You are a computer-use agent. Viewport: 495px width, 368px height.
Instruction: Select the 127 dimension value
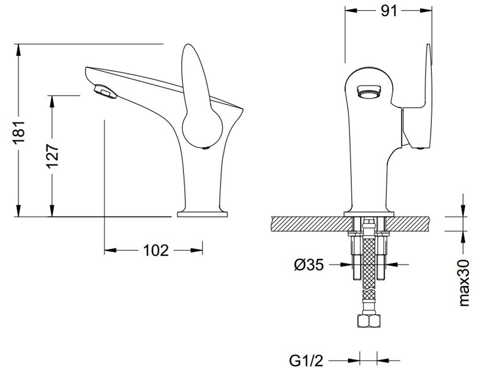[x=53, y=156]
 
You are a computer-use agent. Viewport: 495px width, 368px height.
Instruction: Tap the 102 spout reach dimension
[x=156, y=251]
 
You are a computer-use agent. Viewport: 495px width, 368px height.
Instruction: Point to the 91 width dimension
[x=389, y=11]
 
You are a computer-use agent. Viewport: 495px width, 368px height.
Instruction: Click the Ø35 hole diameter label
[x=309, y=264]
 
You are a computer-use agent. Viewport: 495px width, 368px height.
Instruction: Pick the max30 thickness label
[x=464, y=283]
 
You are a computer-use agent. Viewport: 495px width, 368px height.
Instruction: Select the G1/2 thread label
[x=306, y=360]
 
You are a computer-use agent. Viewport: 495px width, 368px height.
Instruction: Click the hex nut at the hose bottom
[x=368, y=321]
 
